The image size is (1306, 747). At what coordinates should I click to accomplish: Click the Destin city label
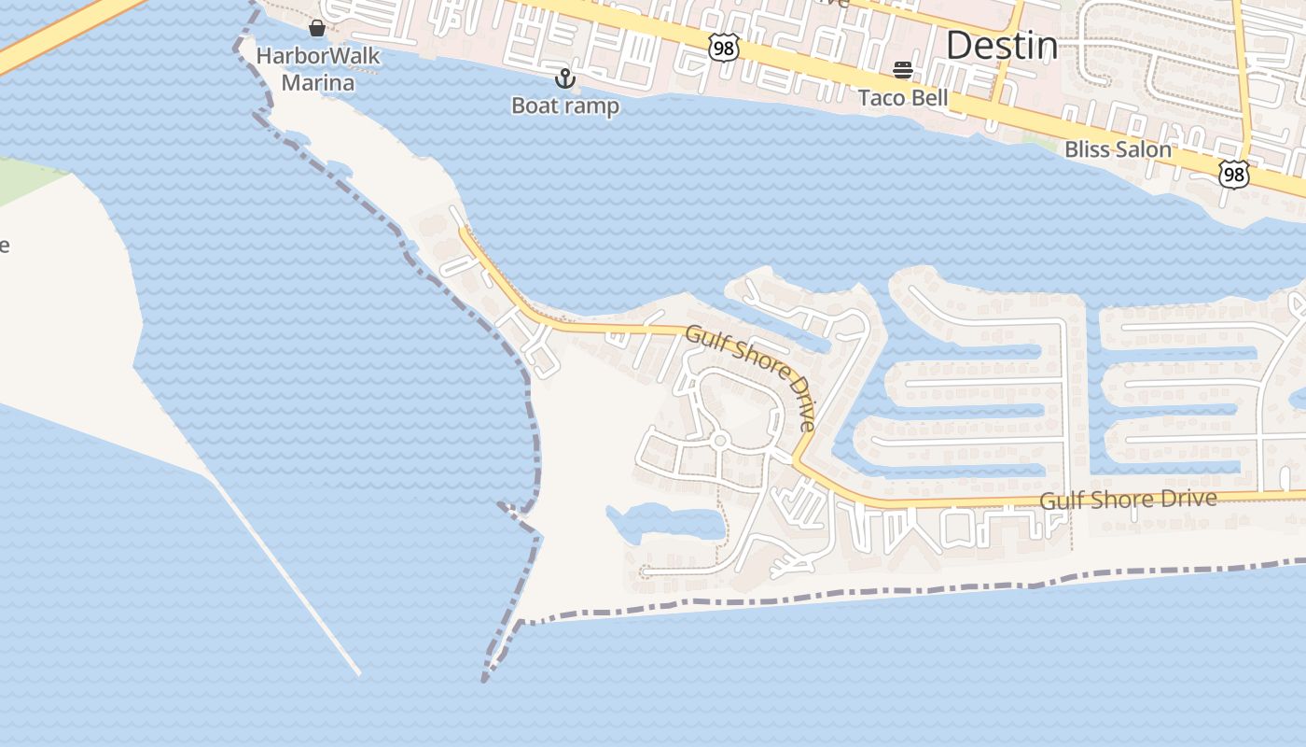(1002, 45)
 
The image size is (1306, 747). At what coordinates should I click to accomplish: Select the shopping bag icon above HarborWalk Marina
(317, 28)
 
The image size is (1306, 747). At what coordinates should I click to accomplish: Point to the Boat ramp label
(565, 106)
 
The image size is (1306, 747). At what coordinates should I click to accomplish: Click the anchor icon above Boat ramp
(565, 78)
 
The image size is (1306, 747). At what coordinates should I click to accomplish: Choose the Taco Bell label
(903, 97)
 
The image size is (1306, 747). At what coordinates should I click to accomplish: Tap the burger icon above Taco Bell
(902, 70)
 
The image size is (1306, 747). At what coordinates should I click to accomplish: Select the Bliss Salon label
(1118, 148)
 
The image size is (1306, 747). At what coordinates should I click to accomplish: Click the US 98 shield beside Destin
(723, 48)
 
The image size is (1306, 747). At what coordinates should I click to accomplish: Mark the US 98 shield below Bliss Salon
(1233, 174)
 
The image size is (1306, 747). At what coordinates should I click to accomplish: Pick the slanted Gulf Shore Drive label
(751, 375)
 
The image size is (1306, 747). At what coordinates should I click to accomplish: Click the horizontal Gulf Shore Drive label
(1128, 500)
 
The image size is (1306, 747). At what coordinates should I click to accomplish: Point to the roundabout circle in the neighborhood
(719, 441)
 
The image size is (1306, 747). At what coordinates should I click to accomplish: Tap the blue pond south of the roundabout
(668, 522)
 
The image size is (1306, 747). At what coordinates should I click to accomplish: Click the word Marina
(318, 83)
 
